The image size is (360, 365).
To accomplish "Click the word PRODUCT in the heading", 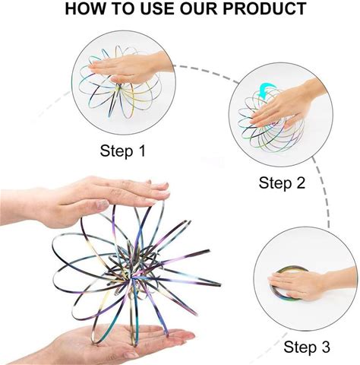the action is tap(264, 8).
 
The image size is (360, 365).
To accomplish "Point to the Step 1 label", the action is tap(123, 151).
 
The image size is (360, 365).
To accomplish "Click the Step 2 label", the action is tap(282, 183).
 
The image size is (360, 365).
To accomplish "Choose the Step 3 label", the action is tap(307, 347).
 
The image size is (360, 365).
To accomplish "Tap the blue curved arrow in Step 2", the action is tap(267, 90).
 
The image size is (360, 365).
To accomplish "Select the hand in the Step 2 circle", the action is tap(286, 105).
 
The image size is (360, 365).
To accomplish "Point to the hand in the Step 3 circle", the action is tap(311, 283).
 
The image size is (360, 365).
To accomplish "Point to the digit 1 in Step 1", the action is tap(142, 151).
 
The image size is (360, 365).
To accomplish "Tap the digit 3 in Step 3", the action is tap(325, 347).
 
